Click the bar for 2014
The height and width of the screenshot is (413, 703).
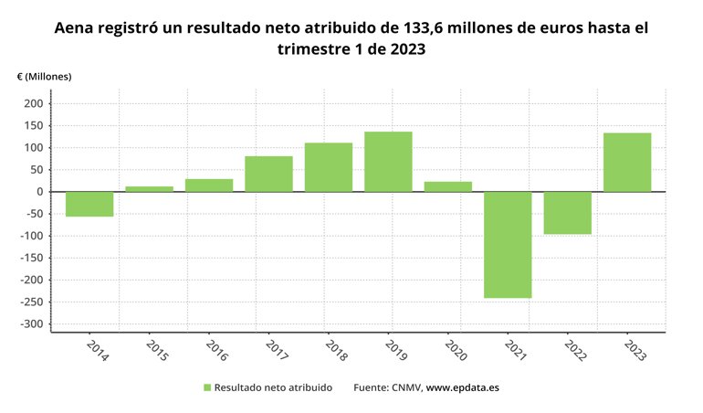tap(89, 204)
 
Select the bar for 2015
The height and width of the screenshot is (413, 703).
tap(149, 188)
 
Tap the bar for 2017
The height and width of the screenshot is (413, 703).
tap(268, 174)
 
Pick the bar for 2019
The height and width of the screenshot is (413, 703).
tap(388, 162)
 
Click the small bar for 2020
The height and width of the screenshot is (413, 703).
tap(448, 186)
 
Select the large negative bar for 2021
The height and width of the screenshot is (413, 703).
tap(508, 245)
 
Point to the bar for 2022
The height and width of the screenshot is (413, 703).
tap(567, 213)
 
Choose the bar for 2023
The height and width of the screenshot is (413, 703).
tap(627, 163)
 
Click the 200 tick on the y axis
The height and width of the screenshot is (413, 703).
tap(34, 104)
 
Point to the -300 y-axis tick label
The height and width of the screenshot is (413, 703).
tap(31, 324)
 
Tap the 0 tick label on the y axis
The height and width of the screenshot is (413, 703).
tap(40, 192)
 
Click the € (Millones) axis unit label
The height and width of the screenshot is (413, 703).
tap(44, 77)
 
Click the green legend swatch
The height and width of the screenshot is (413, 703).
tap(206, 388)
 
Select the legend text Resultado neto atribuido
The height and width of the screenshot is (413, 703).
tap(273, 388)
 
